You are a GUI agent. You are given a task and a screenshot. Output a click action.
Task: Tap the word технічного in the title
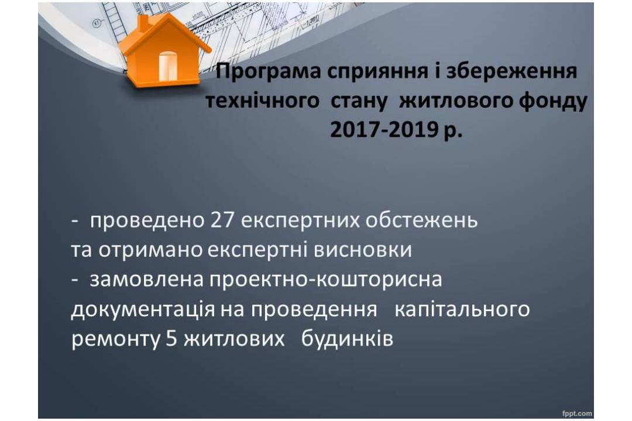(x=262, y=101)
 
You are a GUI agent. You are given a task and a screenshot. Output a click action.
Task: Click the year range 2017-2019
(x=384, y=130)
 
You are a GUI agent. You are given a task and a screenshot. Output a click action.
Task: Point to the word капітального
(x=462, y=309)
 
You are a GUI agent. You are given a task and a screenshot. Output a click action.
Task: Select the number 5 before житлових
(x=171, y=339)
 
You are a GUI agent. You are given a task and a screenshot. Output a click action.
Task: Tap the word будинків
(x=347, y=339)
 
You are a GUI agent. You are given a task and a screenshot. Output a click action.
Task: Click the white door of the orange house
(x=168, y=66)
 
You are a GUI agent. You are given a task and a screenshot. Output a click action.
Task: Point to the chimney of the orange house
(x=143, y=23)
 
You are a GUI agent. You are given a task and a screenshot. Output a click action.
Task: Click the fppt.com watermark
(x=577, y=413)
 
